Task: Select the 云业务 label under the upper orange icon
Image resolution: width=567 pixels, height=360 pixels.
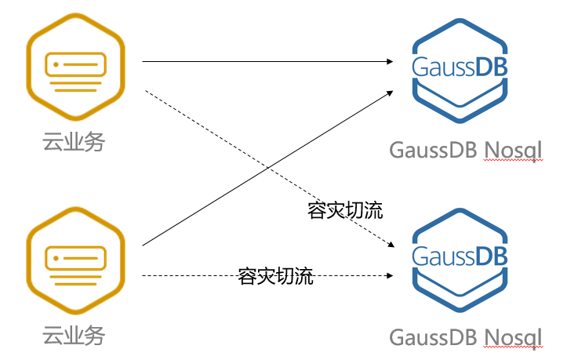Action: click(x=74, y=142)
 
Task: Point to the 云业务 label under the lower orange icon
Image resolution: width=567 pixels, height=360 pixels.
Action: click(x=74, y=337)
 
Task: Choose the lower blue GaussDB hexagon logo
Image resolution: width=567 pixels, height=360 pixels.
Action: click(x=460, y=259)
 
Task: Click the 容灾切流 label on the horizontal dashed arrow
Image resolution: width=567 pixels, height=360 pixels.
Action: click(x=275, y=276)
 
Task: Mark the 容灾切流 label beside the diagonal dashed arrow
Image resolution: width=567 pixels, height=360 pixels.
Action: click(x=346, y=211)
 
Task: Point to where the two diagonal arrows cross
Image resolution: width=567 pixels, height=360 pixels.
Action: click(x=267, y=168)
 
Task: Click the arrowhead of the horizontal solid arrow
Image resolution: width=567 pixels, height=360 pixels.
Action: click(x=389, y=60)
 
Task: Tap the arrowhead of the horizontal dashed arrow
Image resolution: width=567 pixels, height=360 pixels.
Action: click(x=389, y=276)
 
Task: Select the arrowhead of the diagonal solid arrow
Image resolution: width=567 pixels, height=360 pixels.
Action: click(x=390, y=92)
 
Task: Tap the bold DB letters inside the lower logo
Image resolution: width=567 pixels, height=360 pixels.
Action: click(x=491, y=256)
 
